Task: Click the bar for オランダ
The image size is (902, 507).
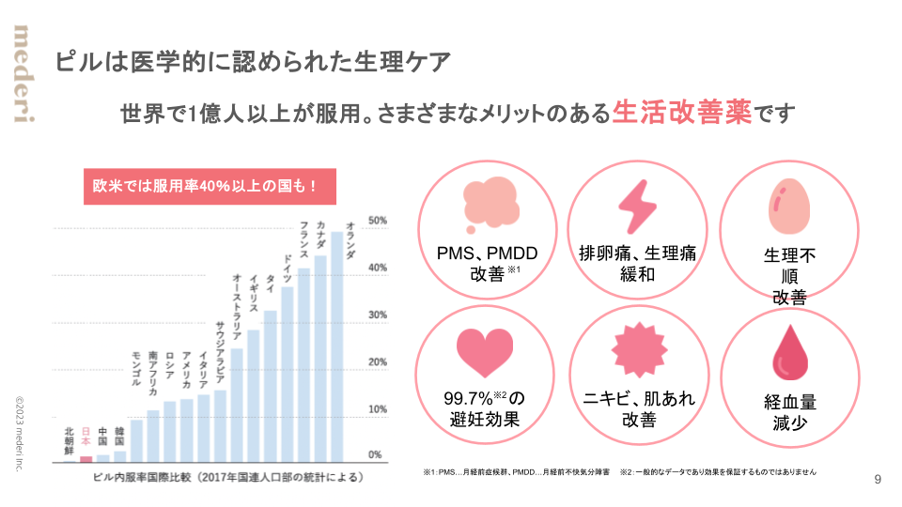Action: tap(337, 347)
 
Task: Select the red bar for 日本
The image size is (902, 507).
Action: tap(86, 458)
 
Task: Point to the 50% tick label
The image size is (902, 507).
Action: tap(378, 221)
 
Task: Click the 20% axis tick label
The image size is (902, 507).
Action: tap(378, 362)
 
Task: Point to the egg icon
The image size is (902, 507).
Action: tap(788, 207)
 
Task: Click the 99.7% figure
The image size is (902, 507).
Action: tap(467, 398)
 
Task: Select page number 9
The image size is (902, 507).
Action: tap(878, 480)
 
